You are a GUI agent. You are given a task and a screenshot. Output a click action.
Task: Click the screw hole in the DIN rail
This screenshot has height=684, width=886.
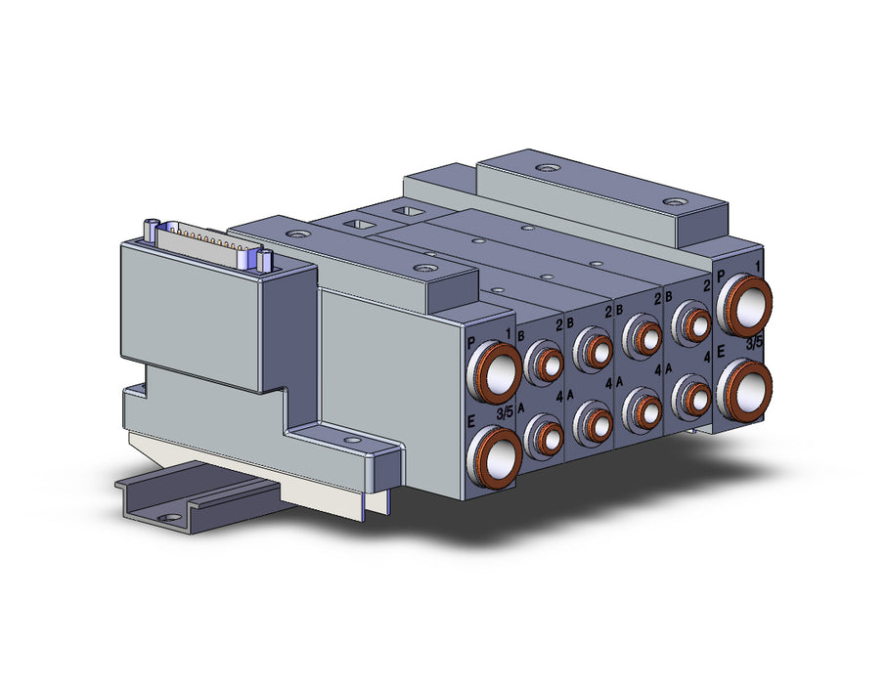click(x=166, y=517)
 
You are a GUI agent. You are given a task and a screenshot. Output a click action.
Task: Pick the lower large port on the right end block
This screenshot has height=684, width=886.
click(x=745, y=389)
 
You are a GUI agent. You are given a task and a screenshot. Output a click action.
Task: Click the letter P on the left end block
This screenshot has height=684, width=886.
click(x=471, y=343)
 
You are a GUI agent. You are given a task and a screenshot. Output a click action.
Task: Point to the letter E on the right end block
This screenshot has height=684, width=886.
click(x=721, y=352)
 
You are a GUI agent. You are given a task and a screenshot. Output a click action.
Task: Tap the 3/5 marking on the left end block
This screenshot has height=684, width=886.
click(x=505, y=413)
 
